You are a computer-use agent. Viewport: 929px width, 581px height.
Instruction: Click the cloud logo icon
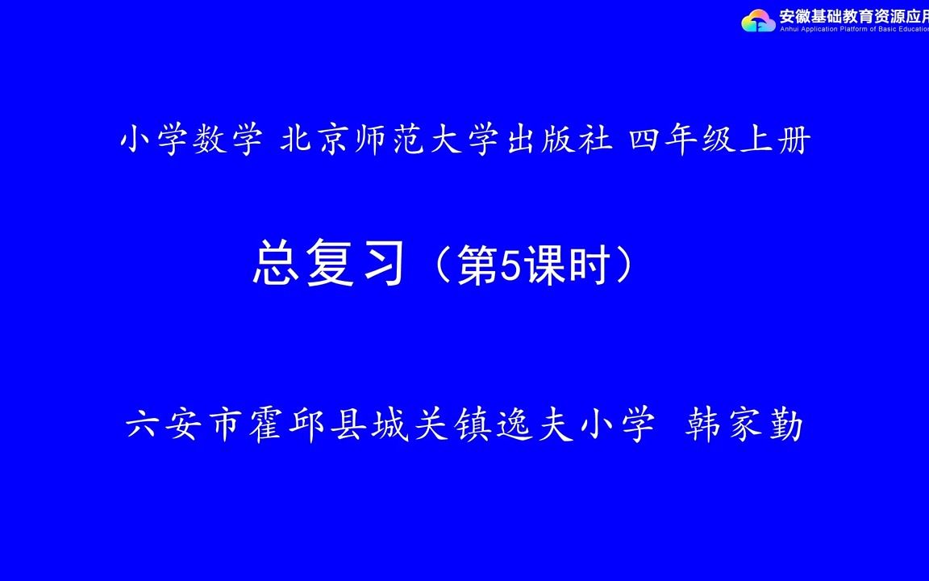click(x=758, y=20)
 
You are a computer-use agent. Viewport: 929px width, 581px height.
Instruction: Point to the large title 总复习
click(x=328, y=265)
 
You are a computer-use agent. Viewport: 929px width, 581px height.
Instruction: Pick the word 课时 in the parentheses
click(x=568, y=265)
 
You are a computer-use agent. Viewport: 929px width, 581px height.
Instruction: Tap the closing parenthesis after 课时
click(x=624, y=265)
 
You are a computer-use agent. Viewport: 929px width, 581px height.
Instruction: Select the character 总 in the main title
click(x=277, y=265)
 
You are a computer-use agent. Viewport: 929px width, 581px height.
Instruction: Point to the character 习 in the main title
click(x=379, y=265)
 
